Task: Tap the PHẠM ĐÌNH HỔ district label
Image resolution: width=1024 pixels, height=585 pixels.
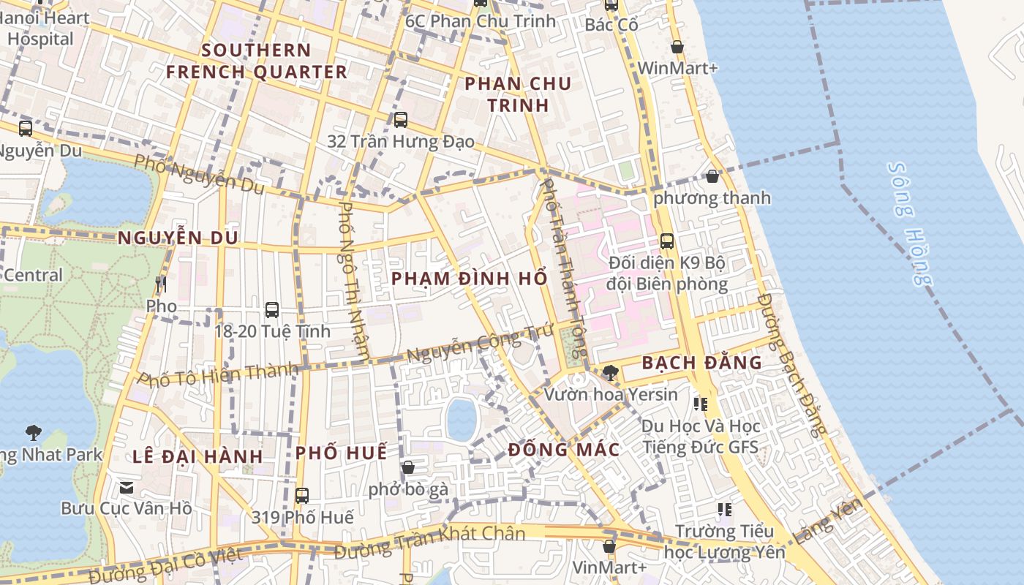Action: [469, 279]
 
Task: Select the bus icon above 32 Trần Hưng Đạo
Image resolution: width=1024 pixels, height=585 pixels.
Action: [400, 120]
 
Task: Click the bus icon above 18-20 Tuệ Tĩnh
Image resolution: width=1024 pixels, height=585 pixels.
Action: [272, 309]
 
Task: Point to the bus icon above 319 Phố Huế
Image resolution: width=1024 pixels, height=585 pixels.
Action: [302, 495]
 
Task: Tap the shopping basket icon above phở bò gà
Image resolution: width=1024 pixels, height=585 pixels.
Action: [408, 467]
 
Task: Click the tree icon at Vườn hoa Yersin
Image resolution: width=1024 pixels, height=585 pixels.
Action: [610, 373]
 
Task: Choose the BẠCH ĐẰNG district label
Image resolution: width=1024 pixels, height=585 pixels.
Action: [701, 362]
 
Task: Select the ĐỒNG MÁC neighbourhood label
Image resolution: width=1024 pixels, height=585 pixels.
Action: [564, 450]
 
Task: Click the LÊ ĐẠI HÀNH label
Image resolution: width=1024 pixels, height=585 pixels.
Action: [197, 456]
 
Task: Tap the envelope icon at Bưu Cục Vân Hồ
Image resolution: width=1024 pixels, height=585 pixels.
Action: [127, 486]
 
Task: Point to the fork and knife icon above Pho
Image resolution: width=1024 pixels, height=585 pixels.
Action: [162, 284]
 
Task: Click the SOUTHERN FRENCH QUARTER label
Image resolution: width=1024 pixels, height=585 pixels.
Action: [257, 61]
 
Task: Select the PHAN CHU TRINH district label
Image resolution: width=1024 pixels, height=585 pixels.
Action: [518, 94]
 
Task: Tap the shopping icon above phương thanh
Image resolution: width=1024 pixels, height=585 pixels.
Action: [712, 176]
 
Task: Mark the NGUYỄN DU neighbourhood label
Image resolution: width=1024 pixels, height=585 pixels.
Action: [178, 238]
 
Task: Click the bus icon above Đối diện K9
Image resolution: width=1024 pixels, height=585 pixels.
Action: [667, 241]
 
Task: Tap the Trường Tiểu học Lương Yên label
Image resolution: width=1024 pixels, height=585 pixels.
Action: [724, 541]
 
